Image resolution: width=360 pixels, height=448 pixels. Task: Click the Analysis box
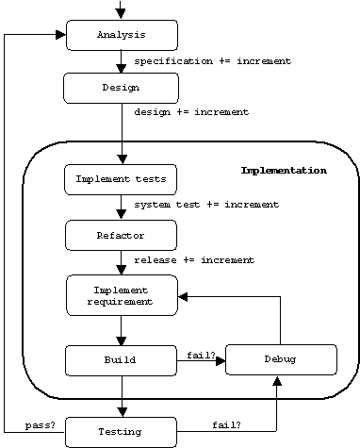click(122, 36)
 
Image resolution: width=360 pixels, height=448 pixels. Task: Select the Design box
click(120, 88)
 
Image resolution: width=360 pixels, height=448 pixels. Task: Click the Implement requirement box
click(122, 294)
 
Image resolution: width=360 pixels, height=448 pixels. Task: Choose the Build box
click(120, 359)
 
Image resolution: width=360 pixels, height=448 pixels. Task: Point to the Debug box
click(281, 359)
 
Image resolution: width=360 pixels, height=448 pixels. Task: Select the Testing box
click(120, 432)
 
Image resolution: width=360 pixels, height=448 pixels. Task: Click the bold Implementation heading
click(284, 171)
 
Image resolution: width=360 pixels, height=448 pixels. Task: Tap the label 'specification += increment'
click(212, 61)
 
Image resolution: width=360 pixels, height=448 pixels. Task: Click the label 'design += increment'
click(191, 112)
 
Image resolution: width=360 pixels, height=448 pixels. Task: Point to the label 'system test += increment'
click(205, 205)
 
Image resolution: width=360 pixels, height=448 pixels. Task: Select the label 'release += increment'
click(194, 259)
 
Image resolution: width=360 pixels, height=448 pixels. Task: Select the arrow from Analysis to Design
click(122, 62)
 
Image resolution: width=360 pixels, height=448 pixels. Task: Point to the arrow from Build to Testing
click(122, 395)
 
